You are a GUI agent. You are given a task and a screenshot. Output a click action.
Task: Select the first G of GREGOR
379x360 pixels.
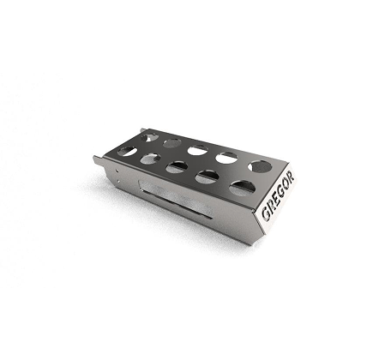click(266, 213)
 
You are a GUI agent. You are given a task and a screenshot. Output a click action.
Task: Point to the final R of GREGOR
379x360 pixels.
click(290, 177)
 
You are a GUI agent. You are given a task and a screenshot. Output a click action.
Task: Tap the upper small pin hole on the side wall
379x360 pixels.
click(117, 171)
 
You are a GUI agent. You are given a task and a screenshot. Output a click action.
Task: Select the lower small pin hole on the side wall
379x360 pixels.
click(119, 180)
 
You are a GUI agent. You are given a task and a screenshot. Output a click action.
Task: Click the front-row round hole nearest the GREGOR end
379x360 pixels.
click(243, 188)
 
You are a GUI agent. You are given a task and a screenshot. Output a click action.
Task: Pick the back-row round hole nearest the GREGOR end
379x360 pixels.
click(260, 166)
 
